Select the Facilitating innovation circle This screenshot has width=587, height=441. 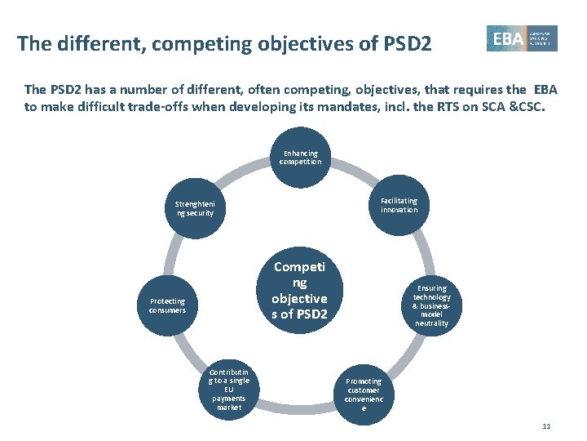pyautogui.click(x=399, y=205)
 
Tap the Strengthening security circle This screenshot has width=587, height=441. pyautogui.click(x=195, y=208)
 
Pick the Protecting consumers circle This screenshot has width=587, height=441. pyautogui.click(x=167, y=305)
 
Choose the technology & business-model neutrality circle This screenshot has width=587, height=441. pyautogui.click(x=431, y=305)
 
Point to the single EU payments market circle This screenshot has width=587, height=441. pyautogui.click(x=229, y=390)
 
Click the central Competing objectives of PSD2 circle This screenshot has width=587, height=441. pyautogui.click(x=300, y=290)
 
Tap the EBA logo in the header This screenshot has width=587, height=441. pyautogui.click(x=522, y=38)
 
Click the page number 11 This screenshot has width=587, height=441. pyautogui.click(x=546, y=426)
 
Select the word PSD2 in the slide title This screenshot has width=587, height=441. pyautogui.click(x=405, y=42)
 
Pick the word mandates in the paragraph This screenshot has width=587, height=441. pyautogui.click(x=364, y=106)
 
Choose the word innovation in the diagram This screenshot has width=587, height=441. pyautogui.click(x=399, y=210)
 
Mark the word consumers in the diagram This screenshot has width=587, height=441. pyautogui.click(x=167, y=310)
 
